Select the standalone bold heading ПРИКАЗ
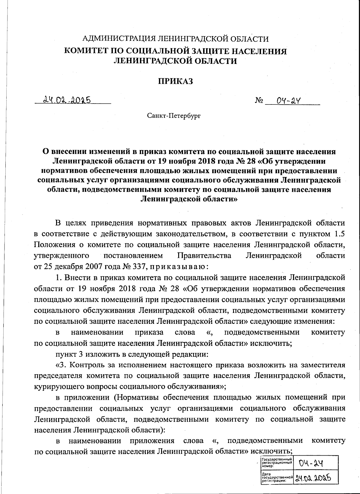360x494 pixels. pyautogui.click(x=175, y=81)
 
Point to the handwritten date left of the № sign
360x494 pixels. pyautogui.click(x=67, y=100)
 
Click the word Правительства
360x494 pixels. pyautogui.click(x=204, y=255)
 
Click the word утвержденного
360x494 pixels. pyautogui.click(x=61, y=255)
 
